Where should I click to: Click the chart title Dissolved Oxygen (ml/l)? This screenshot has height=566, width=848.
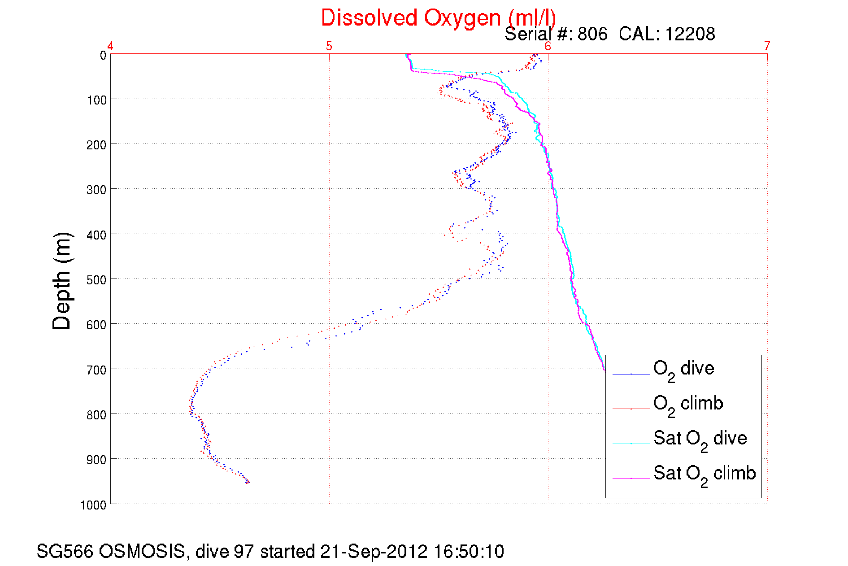438,18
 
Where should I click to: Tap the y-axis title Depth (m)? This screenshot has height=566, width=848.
62,281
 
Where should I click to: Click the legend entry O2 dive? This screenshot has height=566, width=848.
683,369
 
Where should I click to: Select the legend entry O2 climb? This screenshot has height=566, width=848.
688,404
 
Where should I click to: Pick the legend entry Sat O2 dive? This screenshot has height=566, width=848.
700,439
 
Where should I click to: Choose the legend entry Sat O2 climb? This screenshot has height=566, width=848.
704,474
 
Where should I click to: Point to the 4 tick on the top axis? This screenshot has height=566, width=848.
110,46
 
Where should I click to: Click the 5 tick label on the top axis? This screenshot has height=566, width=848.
329,46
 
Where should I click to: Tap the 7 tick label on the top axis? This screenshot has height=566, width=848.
767,46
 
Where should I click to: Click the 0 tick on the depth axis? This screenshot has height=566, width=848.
103,56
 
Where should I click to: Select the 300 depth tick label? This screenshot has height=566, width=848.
96,190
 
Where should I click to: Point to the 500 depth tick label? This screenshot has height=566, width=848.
96,280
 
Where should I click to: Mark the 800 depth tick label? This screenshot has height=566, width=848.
96,415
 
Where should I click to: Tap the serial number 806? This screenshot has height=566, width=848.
592,34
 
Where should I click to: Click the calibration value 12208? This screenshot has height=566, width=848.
690,34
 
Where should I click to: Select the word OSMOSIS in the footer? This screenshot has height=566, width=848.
142,552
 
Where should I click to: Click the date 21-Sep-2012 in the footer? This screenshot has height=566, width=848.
374,552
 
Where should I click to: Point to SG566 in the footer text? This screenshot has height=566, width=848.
65,552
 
